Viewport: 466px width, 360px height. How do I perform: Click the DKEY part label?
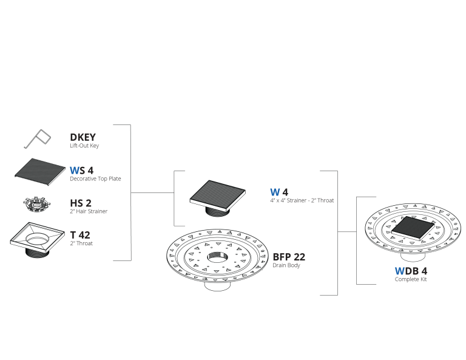pyautogui.click(x=83, y=137)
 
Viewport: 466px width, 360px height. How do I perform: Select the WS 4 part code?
pyautogui.click(x=81, y=171)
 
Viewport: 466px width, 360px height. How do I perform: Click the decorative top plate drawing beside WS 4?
pyautogui.click(x=40, y=172)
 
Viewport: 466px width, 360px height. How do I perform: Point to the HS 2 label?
pyautogui.click(x=81, y=203)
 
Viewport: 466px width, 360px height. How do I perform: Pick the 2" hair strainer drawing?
pyautogui.click(x=36, y=204)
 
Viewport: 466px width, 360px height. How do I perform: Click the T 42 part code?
pyautogui.click(x=80, y=235)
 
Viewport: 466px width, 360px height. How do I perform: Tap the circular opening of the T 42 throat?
pyautogui.click(x=37, y=239)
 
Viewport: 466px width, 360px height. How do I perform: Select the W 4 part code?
pyautogui.click(x=279, y=192)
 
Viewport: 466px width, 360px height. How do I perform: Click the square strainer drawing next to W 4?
pyautogui.click(x=218, y=197)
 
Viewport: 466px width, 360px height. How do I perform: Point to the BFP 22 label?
pyautogui.click(x=289, y=257)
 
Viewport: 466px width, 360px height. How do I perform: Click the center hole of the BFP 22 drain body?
pyautogui.click(x=218, y=257)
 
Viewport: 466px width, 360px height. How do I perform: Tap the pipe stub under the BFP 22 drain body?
pyautogui.click(x=218, y=286)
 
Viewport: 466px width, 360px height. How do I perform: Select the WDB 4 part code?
pyautogui.click(x=411, y=271)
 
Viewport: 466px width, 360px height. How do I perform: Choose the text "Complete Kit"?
pyautogui.click(x=411, y=279)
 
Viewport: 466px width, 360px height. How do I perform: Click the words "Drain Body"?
pyautogui.click(x=286, y=265)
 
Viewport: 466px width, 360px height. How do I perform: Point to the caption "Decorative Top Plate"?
pyautogui.click(x=95, y=178)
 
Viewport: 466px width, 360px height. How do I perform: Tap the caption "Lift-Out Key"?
pyautogui.click(x=84, y=146)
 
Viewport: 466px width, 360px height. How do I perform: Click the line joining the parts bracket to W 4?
pyautogui.click(x=152, y=192)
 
